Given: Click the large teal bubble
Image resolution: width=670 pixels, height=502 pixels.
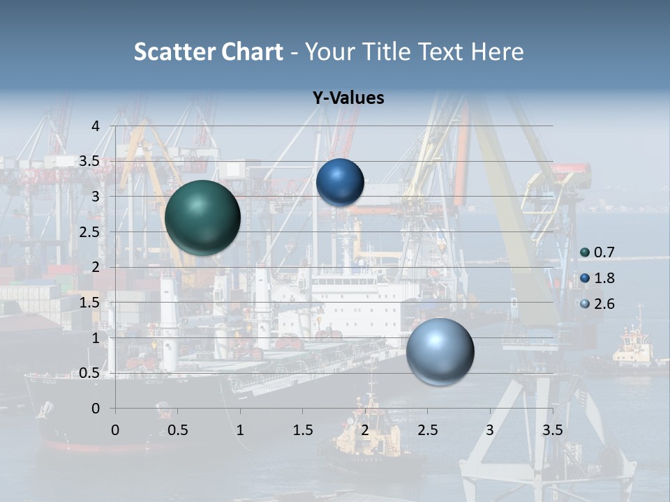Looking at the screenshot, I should point(202,217).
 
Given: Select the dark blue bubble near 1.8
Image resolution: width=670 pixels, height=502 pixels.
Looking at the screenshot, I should point(340,182).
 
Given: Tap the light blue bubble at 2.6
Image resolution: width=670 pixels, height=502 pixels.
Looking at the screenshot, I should point(440,351).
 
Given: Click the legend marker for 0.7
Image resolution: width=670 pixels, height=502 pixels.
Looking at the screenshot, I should point(585,252).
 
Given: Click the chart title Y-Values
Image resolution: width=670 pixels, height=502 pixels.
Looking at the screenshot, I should point(348,98).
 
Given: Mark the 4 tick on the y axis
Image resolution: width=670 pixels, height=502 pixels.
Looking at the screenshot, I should point(96,126).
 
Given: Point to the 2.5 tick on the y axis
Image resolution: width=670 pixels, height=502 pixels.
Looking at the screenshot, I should point(89,232).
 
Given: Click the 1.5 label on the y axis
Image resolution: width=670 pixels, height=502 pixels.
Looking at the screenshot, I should point(89,303).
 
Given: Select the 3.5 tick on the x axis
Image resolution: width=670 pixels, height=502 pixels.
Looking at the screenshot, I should point(553,429).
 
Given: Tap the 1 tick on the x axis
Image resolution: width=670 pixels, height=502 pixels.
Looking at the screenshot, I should point(240,429).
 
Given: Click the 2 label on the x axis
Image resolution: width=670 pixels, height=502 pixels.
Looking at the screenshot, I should point(365,429).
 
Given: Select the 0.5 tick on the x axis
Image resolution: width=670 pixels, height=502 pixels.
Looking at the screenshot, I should point(177,429).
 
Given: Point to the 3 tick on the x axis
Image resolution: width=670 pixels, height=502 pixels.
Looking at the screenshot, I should point(490,429).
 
